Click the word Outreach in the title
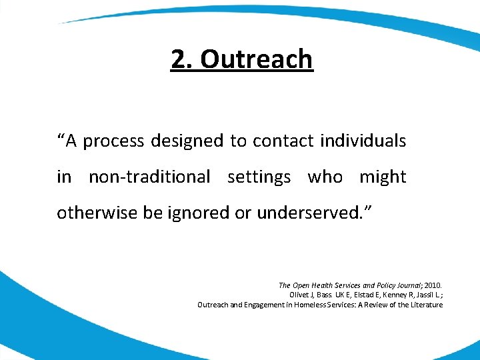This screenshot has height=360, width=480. click(x=256, y=59)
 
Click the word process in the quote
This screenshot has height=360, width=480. click(x=113, y=141)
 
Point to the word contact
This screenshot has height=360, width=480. click(x=283, y=141)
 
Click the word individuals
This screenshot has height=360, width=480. click(x=363, y=141)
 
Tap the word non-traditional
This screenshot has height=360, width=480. click(x=149, y=177)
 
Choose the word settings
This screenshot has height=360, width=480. click(x=259, y=177)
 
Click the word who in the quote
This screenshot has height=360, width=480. click(x=325, y=177)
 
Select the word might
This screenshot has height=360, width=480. click(x=383, y=177)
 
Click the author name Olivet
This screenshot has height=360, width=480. click(x=300, y=295)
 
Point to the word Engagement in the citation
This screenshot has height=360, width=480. click(x=255, y=305)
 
